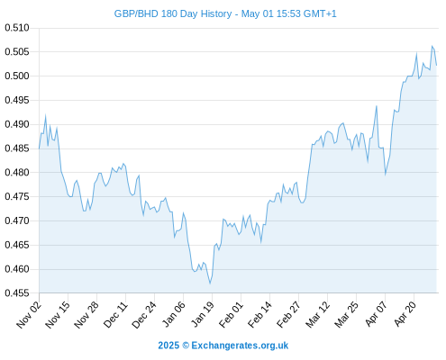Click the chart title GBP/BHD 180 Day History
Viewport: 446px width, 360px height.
173,14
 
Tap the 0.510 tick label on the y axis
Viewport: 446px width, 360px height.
17,28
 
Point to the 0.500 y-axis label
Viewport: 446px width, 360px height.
17,76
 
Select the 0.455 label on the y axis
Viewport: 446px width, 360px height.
17,293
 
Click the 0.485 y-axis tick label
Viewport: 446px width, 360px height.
17,148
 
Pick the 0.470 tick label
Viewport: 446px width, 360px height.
17,220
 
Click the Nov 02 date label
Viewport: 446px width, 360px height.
29,315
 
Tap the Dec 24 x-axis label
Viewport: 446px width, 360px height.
144,315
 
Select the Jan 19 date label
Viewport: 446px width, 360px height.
203,315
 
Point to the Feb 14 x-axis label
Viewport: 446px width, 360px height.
260,315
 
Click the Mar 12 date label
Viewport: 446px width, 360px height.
318,315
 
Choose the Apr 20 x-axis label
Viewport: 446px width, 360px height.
405,314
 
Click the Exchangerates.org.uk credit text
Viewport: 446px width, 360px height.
240,346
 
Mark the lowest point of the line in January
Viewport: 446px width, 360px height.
210,283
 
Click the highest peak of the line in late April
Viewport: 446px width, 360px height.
432,46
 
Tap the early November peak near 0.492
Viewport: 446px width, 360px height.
46,115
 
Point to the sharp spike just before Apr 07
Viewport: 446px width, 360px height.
377,106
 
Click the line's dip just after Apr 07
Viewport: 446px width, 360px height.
386,175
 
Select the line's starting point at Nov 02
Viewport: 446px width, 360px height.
39,148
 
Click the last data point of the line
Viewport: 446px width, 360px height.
437,65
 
